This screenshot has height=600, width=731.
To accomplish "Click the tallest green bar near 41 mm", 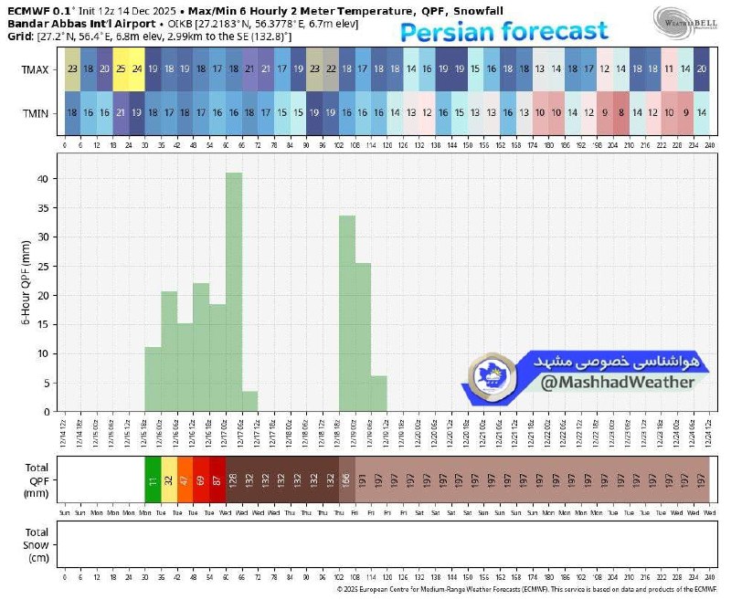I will [x=234, y=292].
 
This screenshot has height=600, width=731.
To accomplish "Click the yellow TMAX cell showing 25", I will [x=120, y=69].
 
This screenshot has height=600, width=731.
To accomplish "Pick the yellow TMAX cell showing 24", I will [x=136, y=69].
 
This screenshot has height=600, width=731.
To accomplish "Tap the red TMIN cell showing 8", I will [x=621, y=112].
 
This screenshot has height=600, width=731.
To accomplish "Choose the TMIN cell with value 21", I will [x=120, y=112].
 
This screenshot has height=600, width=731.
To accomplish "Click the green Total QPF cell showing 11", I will [x=153, y=479].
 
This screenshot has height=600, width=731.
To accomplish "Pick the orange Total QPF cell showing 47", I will [x=185, y=479].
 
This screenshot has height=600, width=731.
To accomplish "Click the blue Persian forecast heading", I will [x=504, y=34].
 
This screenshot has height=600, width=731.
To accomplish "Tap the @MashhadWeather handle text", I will [x=617, y=382].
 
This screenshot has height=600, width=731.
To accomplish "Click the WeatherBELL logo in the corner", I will [x=684, y=17].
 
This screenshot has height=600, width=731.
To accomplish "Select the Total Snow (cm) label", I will [x=37, y=544].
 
